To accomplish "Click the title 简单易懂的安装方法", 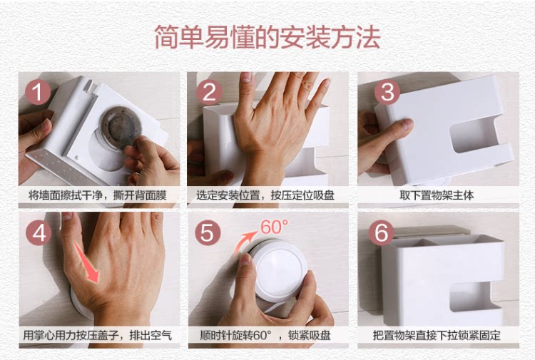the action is (267, 37).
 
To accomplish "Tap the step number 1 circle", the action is (38, 92).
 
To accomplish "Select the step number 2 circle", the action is (209, 92).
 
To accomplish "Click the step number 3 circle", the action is (387, 92).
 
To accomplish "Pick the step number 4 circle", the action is (39, 233).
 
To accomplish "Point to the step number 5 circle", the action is (208, 232).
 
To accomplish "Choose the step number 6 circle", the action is (382, 232).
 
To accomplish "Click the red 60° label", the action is (275, 227).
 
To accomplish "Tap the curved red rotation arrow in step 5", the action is (243, 243).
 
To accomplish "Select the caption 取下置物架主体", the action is (437, 195).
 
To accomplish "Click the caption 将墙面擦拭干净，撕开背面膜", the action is (98, 195).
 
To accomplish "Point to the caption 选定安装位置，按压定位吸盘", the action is (265, 195).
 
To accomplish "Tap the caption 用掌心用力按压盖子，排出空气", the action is (97, 336).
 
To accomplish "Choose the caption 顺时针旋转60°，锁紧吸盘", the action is (265, 336).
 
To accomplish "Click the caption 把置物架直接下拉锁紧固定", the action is (437, 336).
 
